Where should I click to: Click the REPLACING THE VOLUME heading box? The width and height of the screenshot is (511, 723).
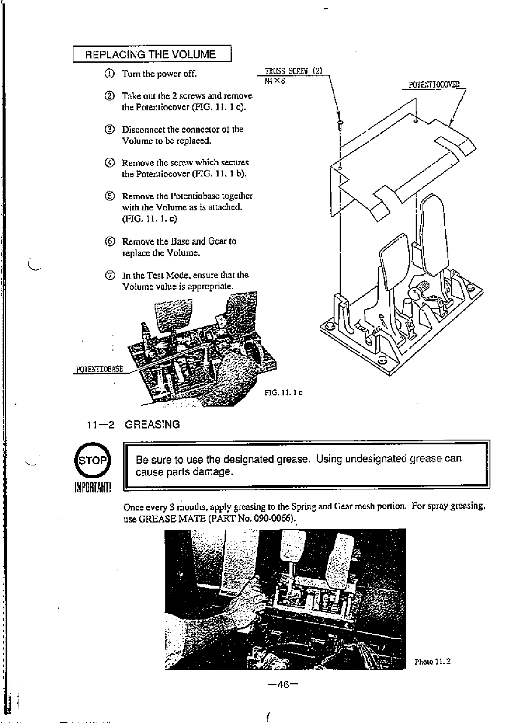152,54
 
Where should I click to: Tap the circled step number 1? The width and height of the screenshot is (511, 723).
110,73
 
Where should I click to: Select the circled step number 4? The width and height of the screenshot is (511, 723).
110,163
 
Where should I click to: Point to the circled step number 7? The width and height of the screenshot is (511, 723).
110,275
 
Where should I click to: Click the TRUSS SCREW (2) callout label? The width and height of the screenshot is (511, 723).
294,71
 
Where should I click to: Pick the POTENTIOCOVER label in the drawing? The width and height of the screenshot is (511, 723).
434,85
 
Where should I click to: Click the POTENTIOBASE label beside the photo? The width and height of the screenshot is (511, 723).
100,369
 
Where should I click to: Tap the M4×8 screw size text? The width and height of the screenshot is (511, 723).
275,80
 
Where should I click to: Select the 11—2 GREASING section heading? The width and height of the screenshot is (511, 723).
133,425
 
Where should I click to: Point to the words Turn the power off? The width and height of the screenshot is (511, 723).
159,73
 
